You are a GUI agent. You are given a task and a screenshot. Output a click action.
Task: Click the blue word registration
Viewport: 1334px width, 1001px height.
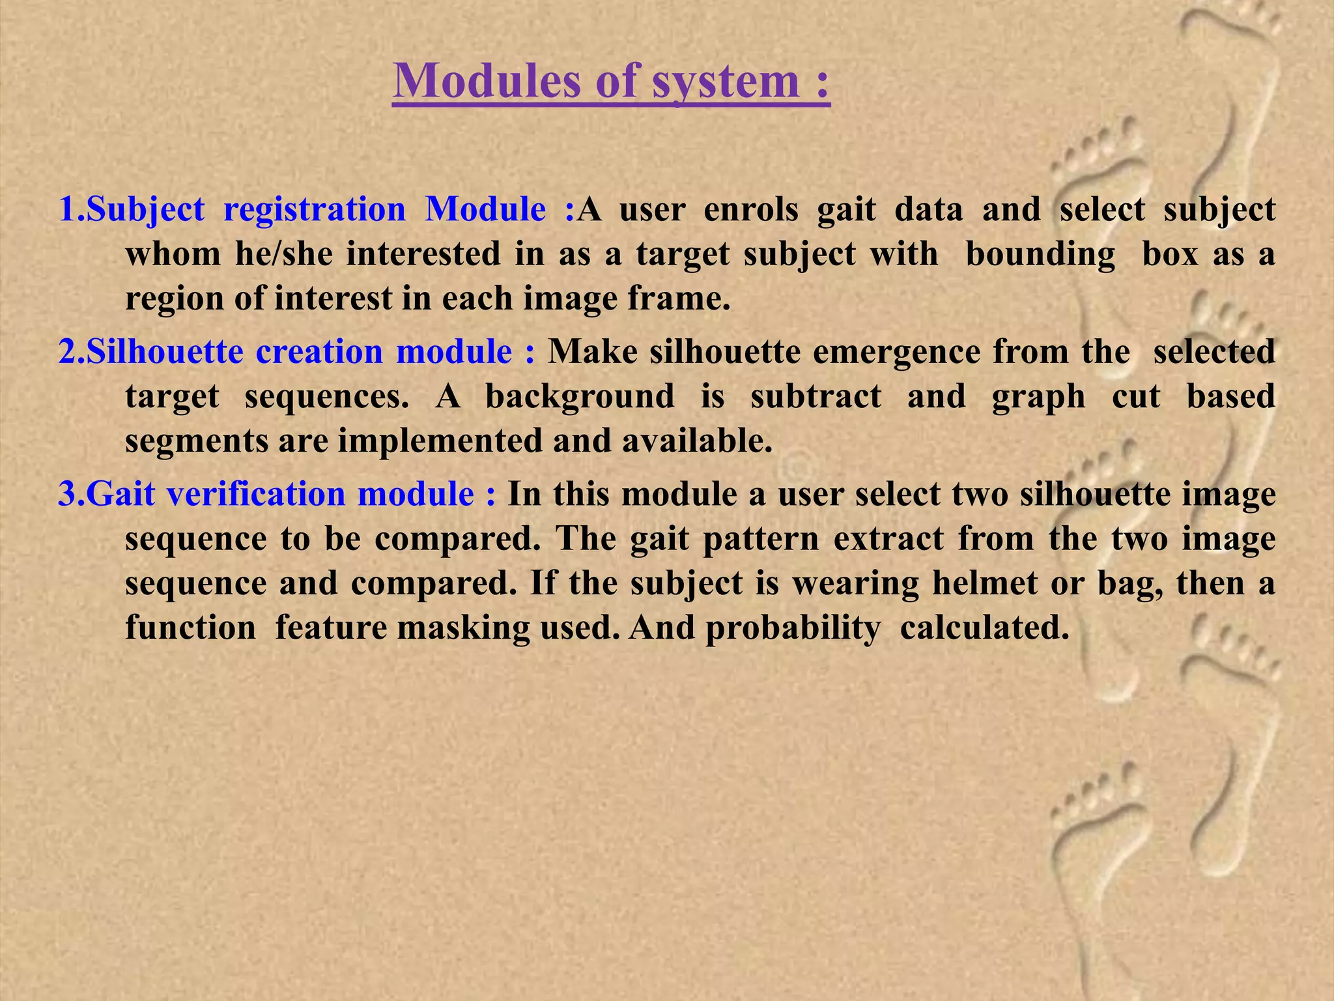(315, 209)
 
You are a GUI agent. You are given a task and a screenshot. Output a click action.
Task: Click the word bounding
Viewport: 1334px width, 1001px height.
(1040, 254)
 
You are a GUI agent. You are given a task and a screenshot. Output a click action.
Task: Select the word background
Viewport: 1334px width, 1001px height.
(580, 396)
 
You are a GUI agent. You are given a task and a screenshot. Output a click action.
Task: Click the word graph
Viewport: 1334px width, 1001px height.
(1038, 396)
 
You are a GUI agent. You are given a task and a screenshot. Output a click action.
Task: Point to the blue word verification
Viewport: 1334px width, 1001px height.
(255, 494)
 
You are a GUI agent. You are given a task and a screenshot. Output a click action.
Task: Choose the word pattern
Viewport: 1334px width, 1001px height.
(761, 539)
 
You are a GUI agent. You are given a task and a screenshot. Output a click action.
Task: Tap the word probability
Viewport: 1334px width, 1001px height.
(793, 628)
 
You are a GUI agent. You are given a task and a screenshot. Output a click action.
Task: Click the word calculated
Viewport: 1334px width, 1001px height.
(984, 628)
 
